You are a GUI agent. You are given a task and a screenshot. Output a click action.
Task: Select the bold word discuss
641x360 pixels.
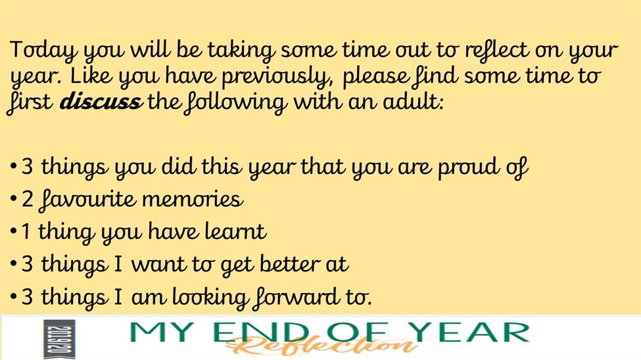click(101, 101)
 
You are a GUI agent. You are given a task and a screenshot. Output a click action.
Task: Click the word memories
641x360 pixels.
click(192, 200)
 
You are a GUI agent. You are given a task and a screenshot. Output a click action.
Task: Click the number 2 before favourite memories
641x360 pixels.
click(28, 200)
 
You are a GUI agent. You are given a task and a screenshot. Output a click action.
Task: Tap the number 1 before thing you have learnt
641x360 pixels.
click(26, 232)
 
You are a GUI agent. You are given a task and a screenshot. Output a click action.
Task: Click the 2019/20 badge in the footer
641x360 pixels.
click(59, 339)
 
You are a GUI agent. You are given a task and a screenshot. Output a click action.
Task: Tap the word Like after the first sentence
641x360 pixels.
click(90, 76)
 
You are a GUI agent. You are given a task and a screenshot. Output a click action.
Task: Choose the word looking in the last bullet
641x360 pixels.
click(210, 298)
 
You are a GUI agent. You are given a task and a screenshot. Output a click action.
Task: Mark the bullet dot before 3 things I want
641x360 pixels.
click(14, 264)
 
